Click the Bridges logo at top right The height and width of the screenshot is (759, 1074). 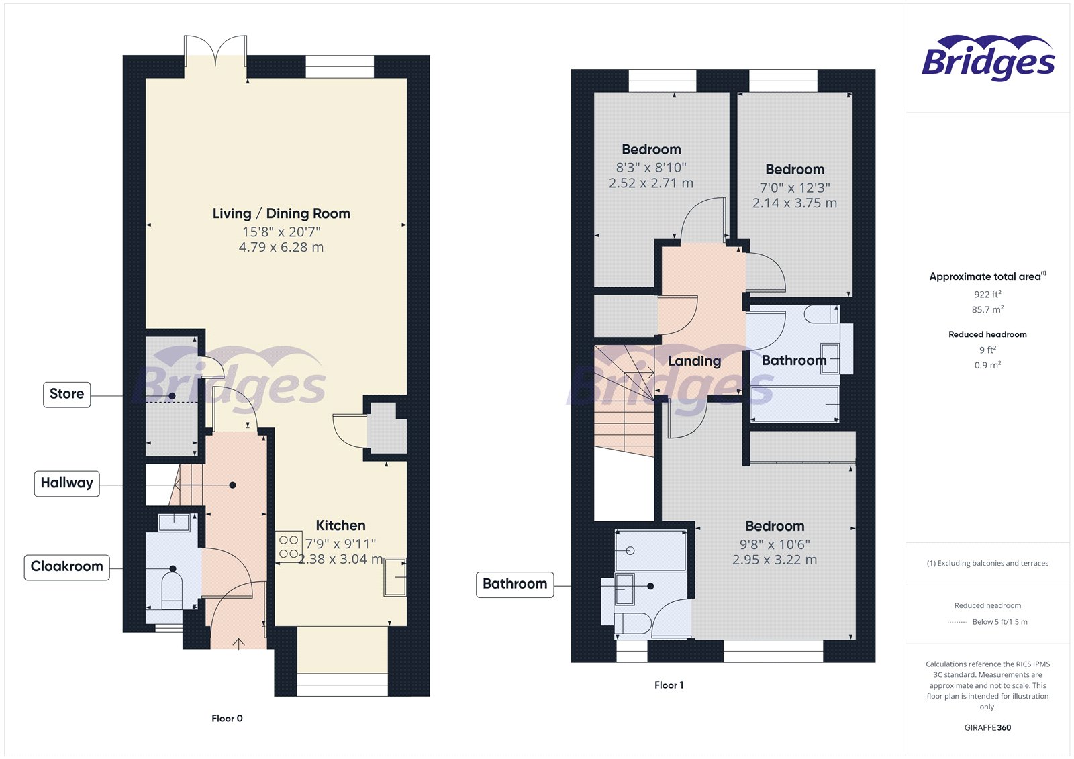(x=988, y=58)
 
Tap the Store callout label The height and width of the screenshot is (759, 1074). (x=66, y=394)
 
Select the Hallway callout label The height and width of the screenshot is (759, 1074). (x=66, y=483)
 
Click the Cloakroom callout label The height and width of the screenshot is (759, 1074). (x=66, y=567)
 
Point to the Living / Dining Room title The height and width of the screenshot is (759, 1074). (x=281, y=213)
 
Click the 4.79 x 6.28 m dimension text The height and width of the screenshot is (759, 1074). (x=281, y=247)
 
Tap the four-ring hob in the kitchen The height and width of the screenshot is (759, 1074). (x=289, y=546)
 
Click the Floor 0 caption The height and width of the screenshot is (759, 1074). (x=227, y=719)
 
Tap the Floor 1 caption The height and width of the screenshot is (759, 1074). (x=669, y=685)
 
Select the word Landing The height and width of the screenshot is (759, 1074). (x=694, y=361)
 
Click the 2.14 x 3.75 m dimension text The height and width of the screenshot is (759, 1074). (x=795, y=203)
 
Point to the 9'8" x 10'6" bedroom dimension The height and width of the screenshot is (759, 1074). (x=775, y=544)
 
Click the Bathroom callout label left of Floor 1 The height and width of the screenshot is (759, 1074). (x=515, y=584)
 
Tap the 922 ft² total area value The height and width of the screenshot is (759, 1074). (x=987, y=294)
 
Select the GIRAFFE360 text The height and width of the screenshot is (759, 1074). (x=987, y=727)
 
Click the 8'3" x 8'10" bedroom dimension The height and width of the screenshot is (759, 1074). (x=651, y=168)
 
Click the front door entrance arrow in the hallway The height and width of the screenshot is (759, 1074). (x=239, y=644)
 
